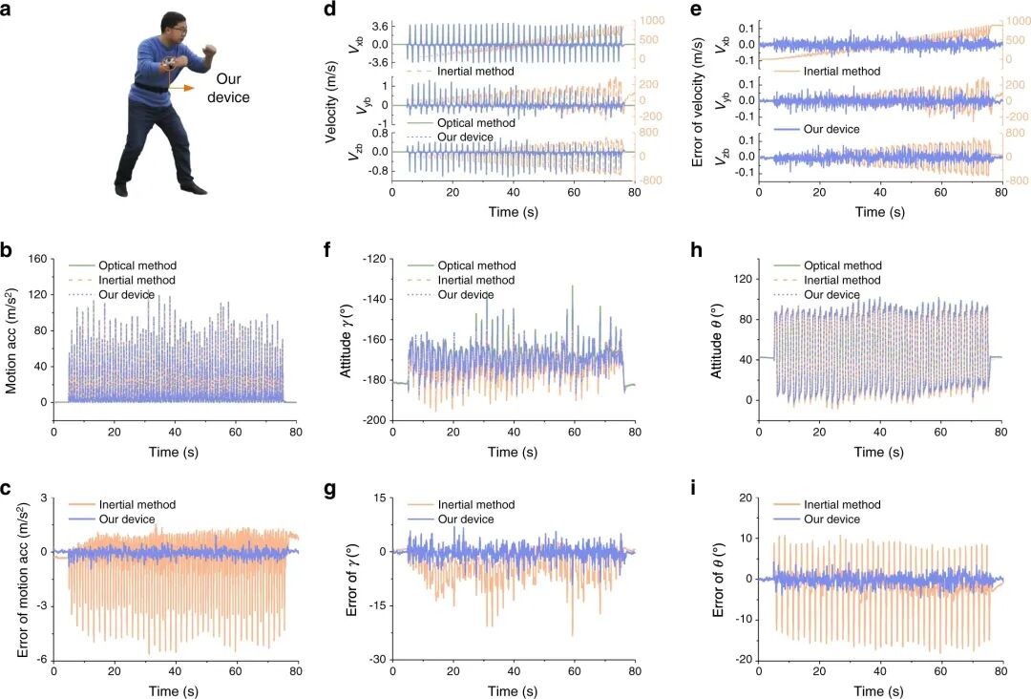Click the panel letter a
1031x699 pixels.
[x=6, y=10]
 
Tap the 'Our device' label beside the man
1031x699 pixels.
[x=228, y=88]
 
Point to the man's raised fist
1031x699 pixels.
[x=209, y=52]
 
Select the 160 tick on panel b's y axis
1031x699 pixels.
[x=38, y=259]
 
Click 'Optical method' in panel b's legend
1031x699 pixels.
[x=137, y=265]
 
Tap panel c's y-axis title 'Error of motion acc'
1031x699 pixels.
[x=23, y=581]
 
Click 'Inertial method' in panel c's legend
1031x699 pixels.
[x=137, y=505]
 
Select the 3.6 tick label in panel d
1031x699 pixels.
[x=381, y=27]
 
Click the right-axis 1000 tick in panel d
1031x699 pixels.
[x=652, y=21]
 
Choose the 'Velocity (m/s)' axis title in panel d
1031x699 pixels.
[x=333, y=109]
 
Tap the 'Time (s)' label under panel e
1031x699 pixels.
[x=880, y=212]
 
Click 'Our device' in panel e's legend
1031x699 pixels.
[x=831, y=130]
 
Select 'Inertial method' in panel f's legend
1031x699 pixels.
[x=476, y=280]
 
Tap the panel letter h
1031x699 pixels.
[x=698, y=250]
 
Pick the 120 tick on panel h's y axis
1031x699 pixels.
[x=743, y=279]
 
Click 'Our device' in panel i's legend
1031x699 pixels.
[x=831, y=519]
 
